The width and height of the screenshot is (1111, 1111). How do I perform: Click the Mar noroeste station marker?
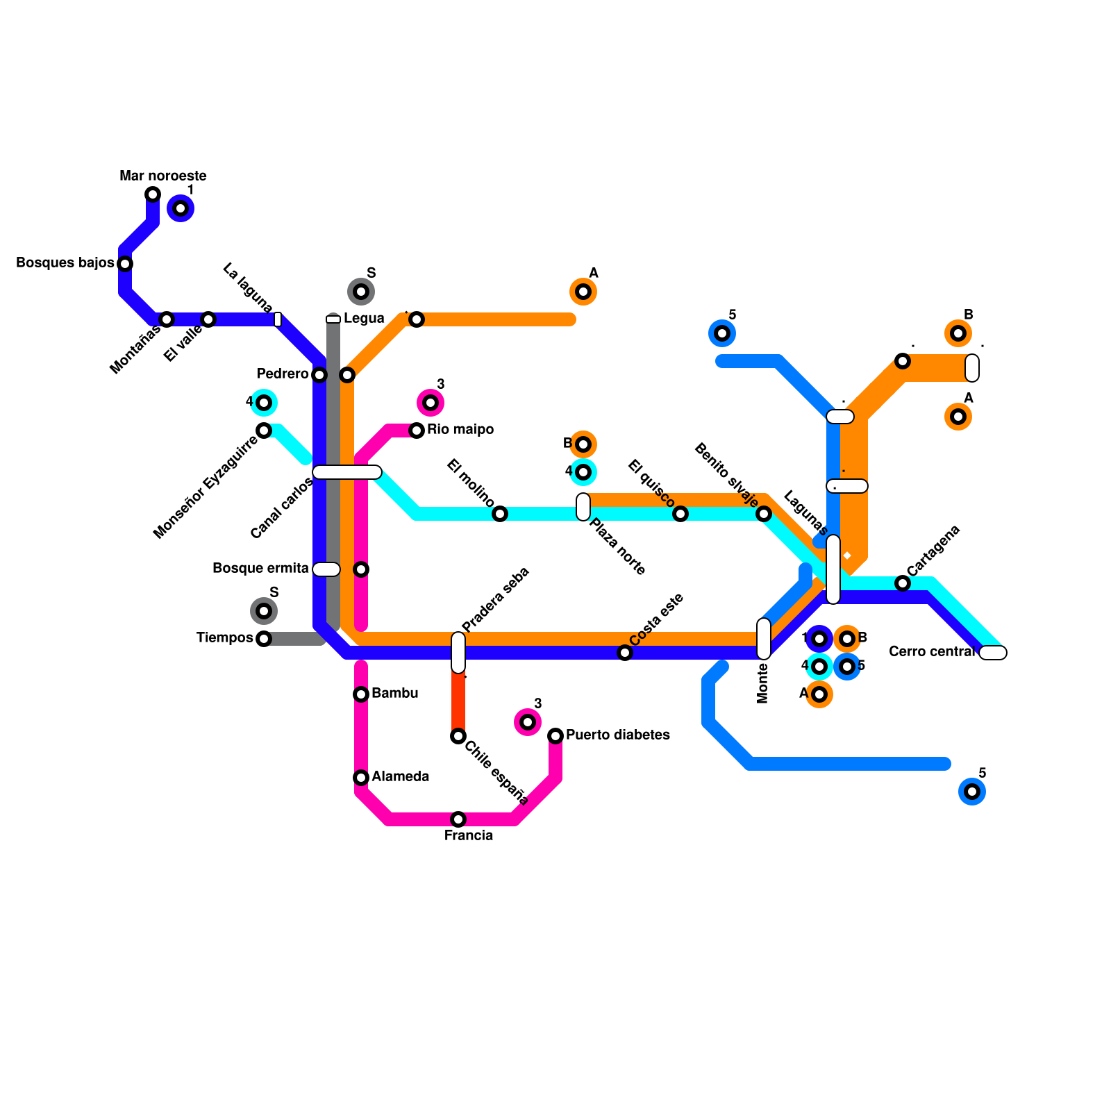(x=153, y=194)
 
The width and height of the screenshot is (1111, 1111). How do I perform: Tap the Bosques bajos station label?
(x=65, y=263)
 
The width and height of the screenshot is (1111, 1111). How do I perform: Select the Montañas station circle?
(x=167, y=319)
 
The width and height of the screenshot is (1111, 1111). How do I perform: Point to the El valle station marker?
(x=208, y=319)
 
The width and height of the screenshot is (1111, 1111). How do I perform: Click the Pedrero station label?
(x=282, y=374)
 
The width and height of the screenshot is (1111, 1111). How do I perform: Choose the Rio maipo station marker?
(x=417, y=431)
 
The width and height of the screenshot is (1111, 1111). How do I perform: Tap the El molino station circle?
(x=500, y=514)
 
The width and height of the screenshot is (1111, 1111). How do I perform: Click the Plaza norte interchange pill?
(x=583, y=507)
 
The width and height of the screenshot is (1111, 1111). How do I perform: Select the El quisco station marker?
(x=680, y=514)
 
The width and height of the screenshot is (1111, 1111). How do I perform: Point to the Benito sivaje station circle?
(x=764, y=514)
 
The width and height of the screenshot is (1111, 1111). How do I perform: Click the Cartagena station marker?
(x=903, y=583)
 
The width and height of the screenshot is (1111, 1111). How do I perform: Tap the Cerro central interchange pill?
(x=993, y=653)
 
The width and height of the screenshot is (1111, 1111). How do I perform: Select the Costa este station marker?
(x=625, y=653)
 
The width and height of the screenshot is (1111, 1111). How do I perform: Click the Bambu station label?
(x=394, y=694)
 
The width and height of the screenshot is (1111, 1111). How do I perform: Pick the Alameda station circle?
(x=361, y=778)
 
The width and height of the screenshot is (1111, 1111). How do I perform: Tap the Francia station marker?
(x=458, y=819)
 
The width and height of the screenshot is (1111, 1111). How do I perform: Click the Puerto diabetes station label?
(x=617, y=735)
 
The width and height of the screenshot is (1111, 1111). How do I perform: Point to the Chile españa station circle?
(x=458, y=736)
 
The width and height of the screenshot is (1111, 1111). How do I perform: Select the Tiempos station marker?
(x=264, y=639)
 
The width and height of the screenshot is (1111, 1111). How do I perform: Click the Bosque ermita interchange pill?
(x=326, y=569)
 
